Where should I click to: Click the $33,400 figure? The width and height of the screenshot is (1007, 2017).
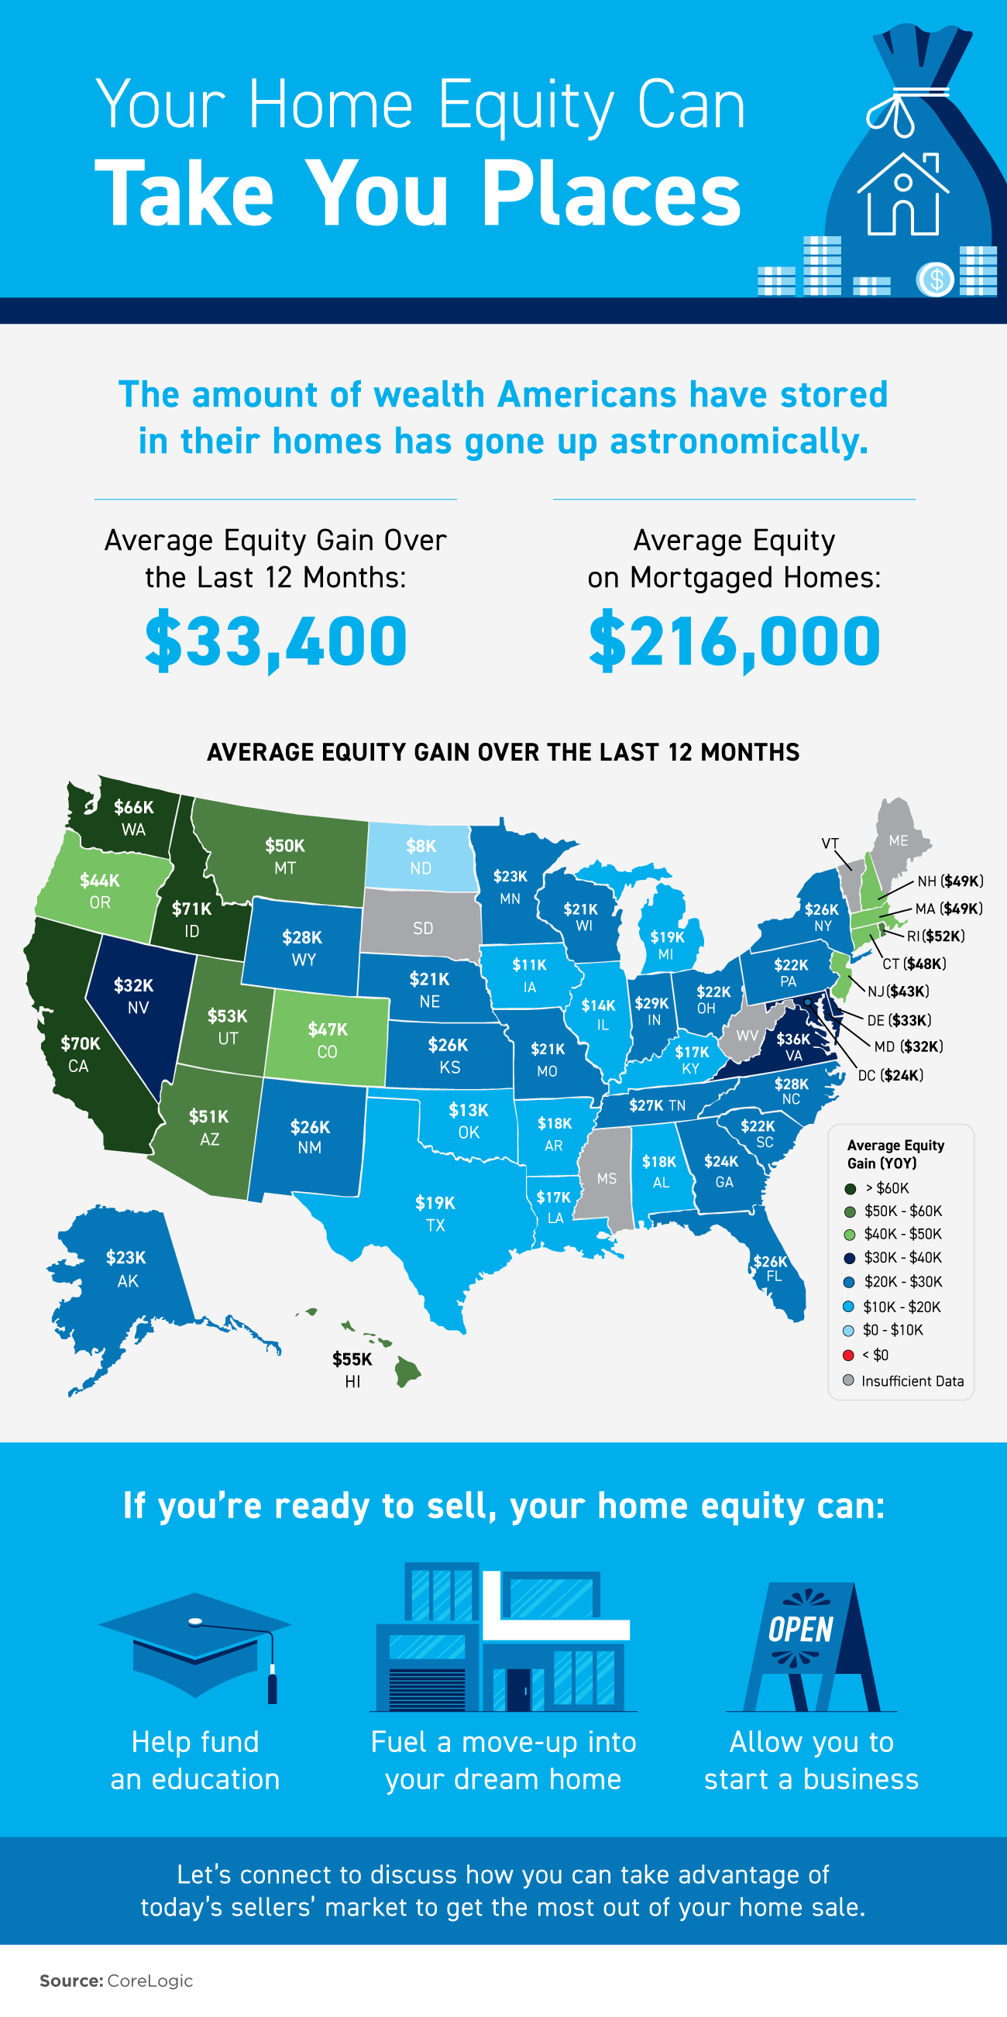(276, 641)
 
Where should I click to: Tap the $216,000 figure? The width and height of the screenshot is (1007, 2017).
(734, 641)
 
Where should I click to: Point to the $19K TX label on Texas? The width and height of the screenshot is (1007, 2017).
(435, 1213)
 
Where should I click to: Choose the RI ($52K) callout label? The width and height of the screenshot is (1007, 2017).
(936, 936)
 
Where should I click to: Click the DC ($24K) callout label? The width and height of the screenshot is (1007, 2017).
(890, 1075)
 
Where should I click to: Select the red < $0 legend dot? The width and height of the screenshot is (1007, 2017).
(848, 1356)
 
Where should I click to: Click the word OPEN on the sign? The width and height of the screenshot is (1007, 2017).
(800, 1630)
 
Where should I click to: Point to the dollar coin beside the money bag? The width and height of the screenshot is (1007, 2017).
(935, 279)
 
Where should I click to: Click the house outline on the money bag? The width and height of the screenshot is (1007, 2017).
(902, 195)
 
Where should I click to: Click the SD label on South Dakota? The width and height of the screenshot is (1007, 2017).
(423, 929)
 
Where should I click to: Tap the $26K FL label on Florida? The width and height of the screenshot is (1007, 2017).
(772, 1268)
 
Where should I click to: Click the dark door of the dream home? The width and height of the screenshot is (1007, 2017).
(518, 1689)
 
